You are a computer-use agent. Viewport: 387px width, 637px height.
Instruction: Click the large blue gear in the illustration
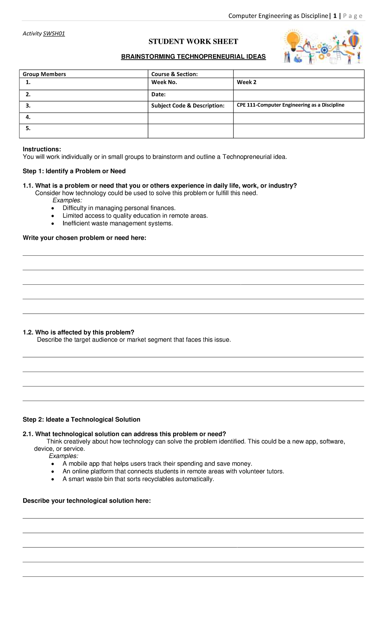[324, 49]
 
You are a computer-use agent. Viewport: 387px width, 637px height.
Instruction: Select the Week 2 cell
[247, 82]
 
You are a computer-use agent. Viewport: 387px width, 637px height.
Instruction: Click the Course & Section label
[174, 74]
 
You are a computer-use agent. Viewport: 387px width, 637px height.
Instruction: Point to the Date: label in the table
[158, 94]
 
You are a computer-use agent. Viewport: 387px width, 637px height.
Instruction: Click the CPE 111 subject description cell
[290, 105]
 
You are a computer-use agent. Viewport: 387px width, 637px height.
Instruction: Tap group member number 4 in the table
[28, 117]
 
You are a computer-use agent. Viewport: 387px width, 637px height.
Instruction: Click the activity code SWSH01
[54, 34]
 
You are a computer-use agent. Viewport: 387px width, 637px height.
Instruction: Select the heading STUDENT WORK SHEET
[193, 42]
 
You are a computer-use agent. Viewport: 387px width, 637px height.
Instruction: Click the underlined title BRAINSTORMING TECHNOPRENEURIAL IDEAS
[193, 57]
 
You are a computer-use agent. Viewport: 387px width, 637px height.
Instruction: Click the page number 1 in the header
[335, 16]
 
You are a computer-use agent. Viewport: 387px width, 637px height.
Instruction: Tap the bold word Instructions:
[42, 149]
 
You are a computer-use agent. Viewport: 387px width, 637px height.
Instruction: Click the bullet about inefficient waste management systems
[118, 223]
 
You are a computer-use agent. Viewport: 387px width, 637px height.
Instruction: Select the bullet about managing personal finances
[119, 208]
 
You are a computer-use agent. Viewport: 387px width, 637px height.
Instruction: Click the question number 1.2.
[28, 332]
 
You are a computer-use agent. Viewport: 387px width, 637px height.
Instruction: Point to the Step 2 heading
[81, 419]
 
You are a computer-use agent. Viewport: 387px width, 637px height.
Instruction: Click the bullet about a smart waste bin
[138, 479]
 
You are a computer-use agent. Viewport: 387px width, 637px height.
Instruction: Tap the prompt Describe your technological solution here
[87, 501]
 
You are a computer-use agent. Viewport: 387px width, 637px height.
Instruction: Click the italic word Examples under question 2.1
[64, 456]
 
